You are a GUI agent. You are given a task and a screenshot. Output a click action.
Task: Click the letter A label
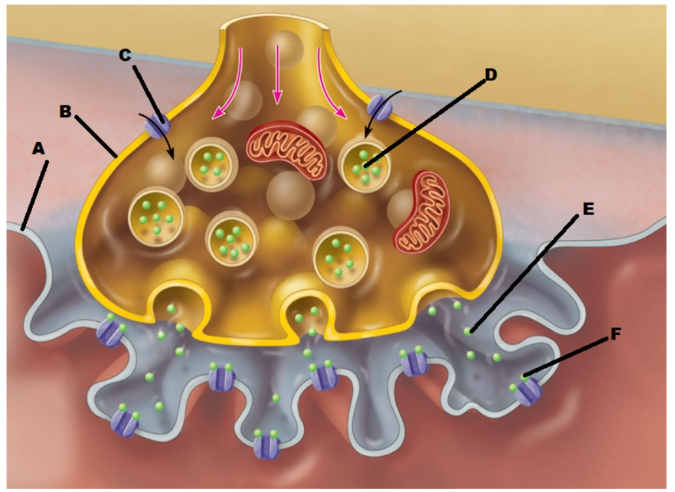click(x=38, y=149)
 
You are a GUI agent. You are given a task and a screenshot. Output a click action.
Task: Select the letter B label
click(x=65, y=111)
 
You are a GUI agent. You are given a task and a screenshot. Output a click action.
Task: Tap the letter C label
click(x=125, y=55)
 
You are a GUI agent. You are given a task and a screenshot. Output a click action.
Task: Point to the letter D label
click(x=489, y=74)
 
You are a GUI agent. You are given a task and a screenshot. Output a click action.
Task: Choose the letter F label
click(x=614, y=335)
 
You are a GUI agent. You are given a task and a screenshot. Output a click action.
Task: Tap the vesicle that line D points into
click(x=366, y=164)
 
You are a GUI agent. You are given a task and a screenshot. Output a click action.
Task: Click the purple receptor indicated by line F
click(x=529, y=391)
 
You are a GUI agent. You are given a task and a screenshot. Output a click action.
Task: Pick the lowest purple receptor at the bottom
click(x=267, y=446)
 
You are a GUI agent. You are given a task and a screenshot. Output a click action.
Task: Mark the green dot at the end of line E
click(x=468, y=332)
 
